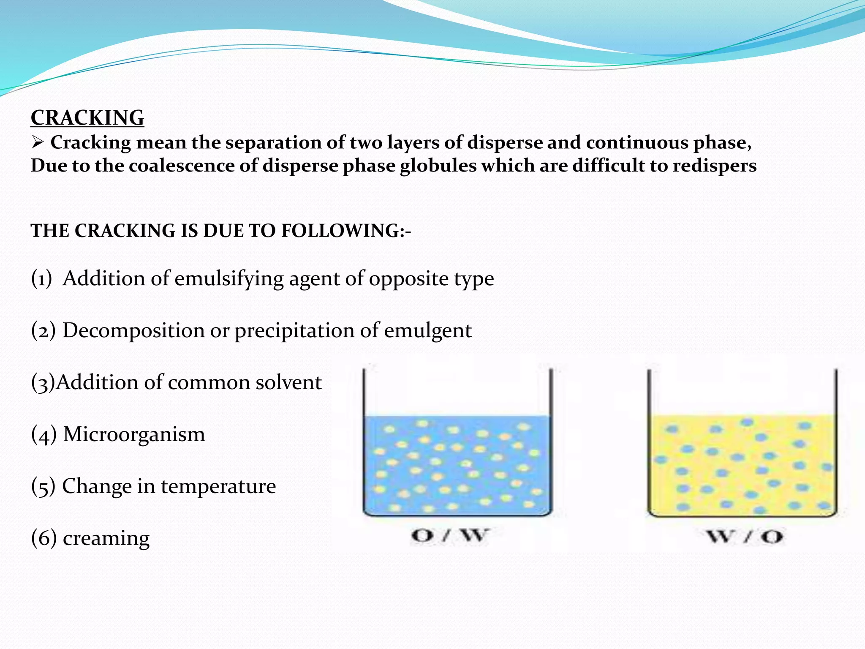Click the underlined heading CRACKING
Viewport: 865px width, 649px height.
87,117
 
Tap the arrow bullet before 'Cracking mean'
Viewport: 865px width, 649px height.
38,143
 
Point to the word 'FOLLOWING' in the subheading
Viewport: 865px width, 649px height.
340,231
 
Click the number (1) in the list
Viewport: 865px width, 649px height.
41,279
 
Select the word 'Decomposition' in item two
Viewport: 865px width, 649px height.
133,330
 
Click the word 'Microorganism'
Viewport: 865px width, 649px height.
134,434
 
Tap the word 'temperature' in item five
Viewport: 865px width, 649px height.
218,486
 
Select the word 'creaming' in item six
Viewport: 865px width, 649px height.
106,538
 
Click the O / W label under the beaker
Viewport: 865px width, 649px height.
450,535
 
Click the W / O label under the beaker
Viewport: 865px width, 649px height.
745,537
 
